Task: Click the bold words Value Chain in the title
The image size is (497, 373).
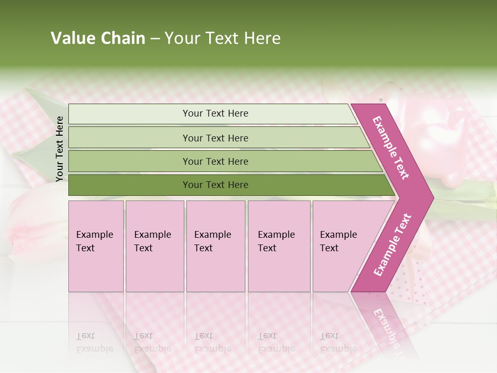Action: tap(98, 38)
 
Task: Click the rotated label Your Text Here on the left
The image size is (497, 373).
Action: tap(60, 149)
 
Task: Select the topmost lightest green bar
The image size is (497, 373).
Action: tap(129, 114)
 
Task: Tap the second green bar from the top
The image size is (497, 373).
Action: tap(129, 138)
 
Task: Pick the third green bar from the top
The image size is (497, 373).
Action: tap(129, 161)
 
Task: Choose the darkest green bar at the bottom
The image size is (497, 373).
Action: tap(129, 185)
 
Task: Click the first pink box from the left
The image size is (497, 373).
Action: tap(96, 246)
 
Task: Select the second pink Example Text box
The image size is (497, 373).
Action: tap(154, 246)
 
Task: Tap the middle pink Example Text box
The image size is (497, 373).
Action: tap(215, 246)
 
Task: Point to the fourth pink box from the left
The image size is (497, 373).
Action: tap(279, 246)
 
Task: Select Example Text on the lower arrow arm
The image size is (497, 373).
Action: tap(392, 245)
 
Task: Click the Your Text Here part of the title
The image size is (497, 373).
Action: tap(223, 38)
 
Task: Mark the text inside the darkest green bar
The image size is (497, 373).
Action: tap(215, 185)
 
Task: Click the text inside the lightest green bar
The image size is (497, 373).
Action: tap(215, 113)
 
